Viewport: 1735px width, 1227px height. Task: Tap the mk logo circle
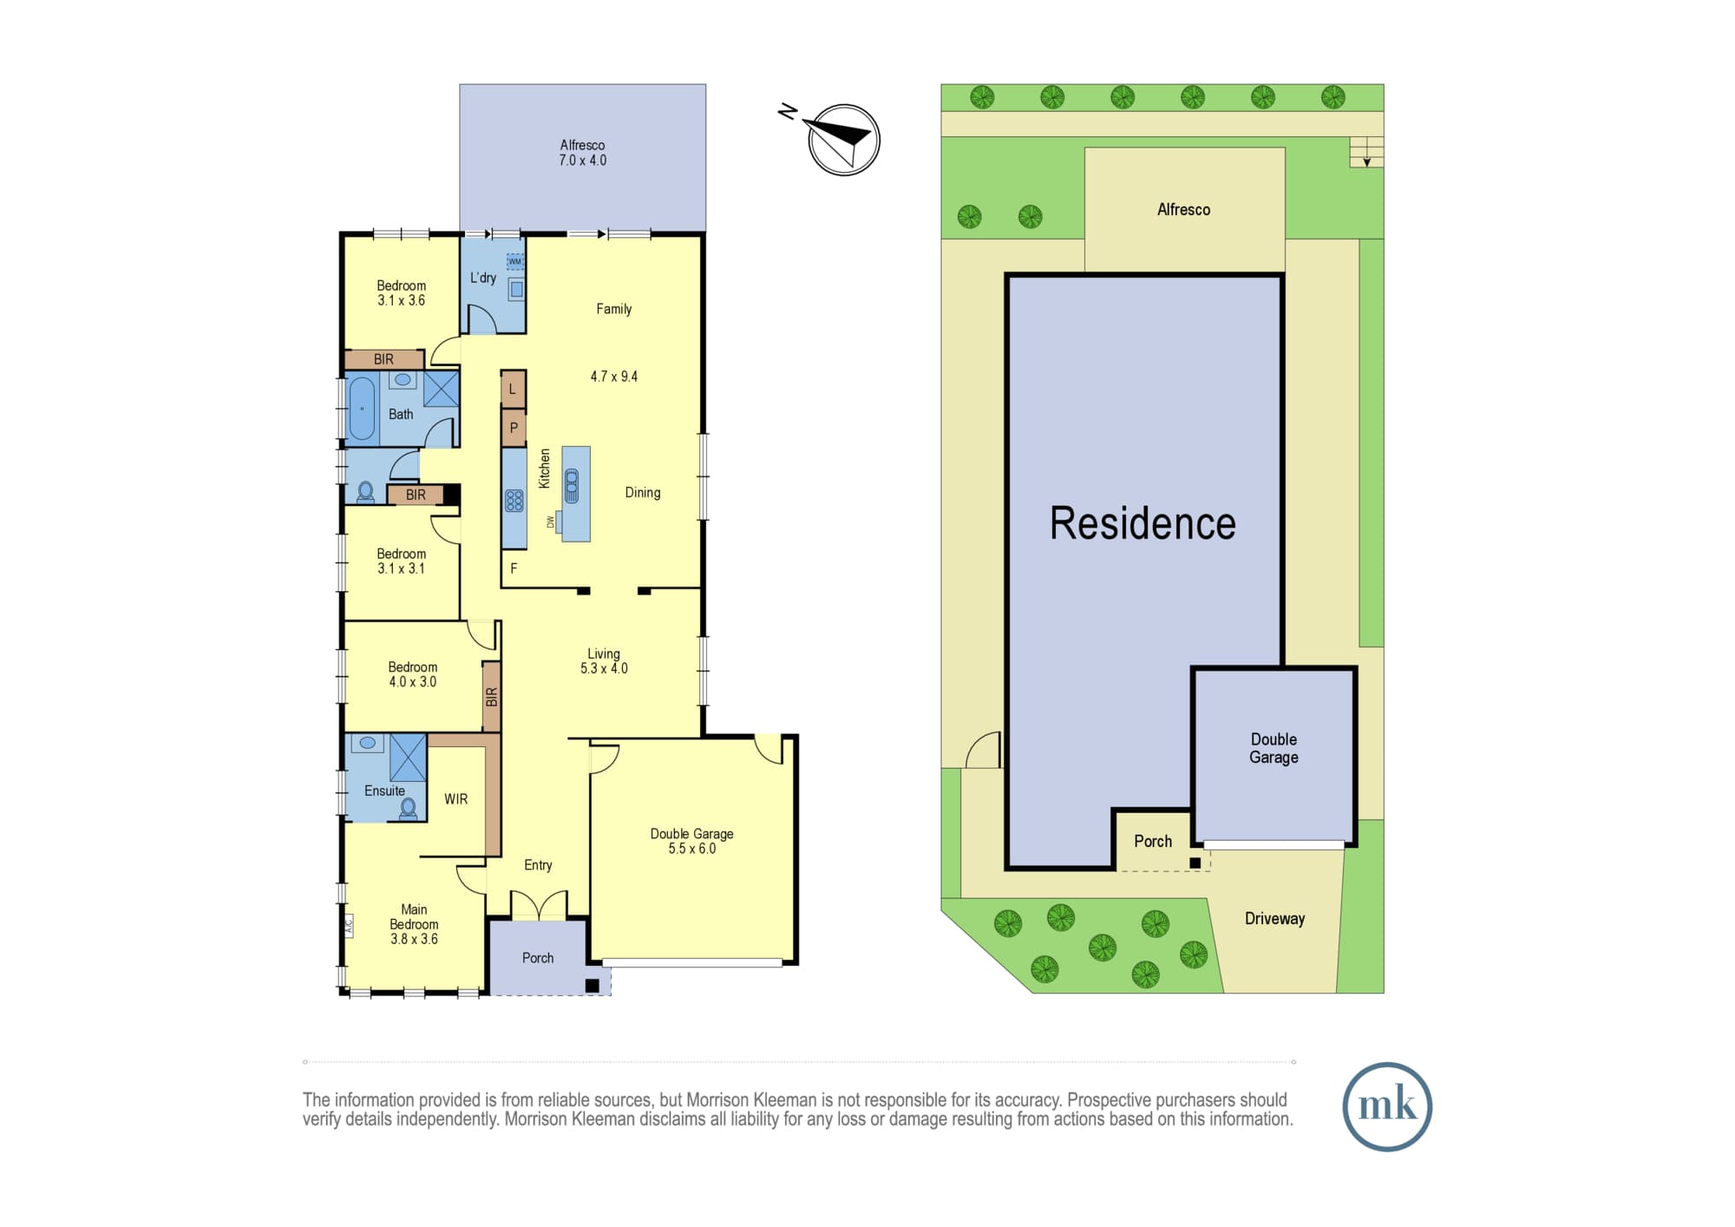pos(1386,1106)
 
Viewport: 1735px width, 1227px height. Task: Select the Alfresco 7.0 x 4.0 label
pos(582,153)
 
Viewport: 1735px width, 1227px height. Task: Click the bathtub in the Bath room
pos(362,408)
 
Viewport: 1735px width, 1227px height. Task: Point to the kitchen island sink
pos(572,485)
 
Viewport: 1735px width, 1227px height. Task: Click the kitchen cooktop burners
pos(514,501)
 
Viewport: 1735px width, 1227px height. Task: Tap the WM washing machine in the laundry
pos(515,261)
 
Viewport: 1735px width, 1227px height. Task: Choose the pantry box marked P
pos(514,427)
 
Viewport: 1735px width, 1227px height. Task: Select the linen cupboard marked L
pos(514,390)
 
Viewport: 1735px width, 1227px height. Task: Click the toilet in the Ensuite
pos(408,809)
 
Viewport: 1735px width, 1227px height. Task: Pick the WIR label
pos(455,799)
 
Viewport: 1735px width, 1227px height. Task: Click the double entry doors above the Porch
pos(539,905)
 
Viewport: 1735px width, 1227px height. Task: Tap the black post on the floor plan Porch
pos(593,985)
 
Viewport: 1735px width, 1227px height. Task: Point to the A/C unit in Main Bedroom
pos(349,926)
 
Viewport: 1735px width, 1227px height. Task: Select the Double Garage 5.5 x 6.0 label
pos(692,841)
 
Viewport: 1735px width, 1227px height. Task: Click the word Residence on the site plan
pos(1142,523)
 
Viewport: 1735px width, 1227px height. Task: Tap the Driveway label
pos(1274,918)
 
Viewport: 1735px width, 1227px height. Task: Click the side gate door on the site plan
pos(983,750)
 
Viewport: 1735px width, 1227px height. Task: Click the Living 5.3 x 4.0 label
pos(604,661)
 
